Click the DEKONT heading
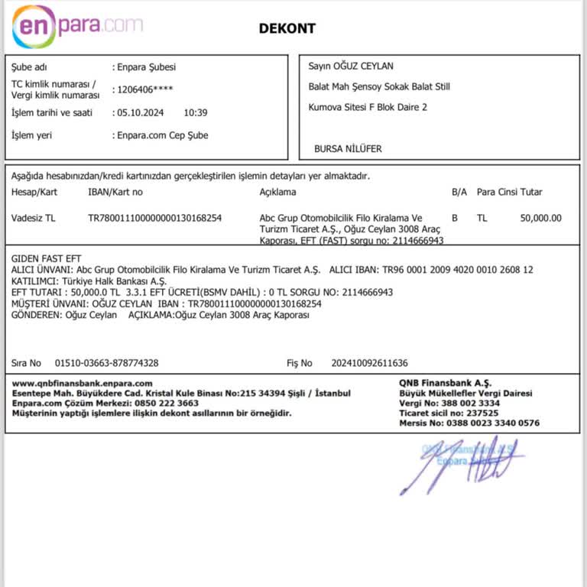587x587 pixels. click(x=287, y=28)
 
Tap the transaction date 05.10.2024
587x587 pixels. click(x=141, y=112)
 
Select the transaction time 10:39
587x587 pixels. click(x=196, y=112)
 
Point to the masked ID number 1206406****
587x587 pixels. click(x=145, y=89)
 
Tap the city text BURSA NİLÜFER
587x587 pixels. click(x=348, y=149)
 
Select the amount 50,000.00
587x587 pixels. click(x=540, y=218)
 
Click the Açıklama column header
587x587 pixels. click(x=277, y=192)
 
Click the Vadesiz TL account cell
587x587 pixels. click(x=34, y=218)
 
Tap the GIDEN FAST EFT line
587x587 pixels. click(x=46, y=259)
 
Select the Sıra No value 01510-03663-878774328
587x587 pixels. click(x=107, y=363)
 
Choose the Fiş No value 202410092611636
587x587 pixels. click(x=370, y=363)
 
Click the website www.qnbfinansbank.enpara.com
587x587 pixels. click(x=83, y=383)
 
